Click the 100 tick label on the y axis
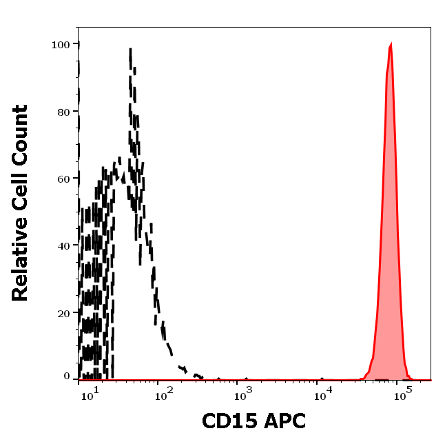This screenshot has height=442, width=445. pyautogui.click(x=61, y=45)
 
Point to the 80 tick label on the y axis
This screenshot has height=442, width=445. pyautogui.click(x=63, y=112)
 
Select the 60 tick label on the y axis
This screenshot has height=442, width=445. pyautogui.click(x=63, y=179)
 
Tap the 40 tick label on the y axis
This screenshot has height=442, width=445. pyautogui.click(x=63, y=245)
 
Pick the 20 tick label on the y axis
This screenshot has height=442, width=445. pyautogui.click(x=63, y=313)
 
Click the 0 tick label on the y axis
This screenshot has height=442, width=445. pyautogui.click(x=67, y=376)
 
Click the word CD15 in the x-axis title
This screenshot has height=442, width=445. pyautogui.click(x=227, y=421)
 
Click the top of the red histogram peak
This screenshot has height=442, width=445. pyautogui.click(x=391, y=46)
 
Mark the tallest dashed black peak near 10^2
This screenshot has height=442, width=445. pyautogui.click(x=130, y=50)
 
